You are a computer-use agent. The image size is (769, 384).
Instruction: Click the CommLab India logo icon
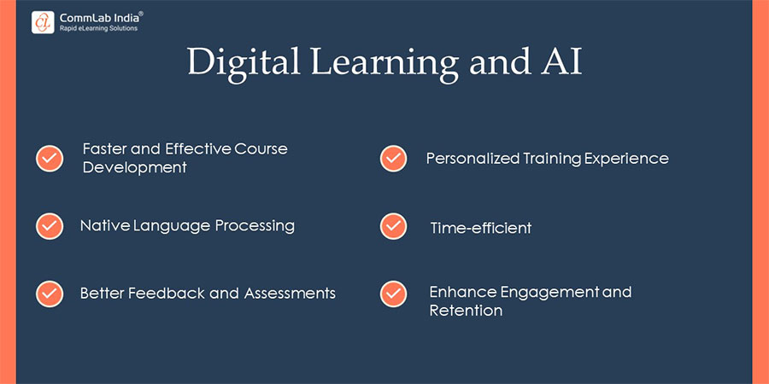43,21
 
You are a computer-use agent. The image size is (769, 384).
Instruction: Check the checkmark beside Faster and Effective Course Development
50,158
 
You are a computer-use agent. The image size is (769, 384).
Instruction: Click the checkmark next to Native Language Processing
50,226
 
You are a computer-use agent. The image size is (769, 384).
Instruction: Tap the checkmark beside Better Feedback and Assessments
50,294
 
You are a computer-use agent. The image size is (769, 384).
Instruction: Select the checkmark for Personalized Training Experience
393,158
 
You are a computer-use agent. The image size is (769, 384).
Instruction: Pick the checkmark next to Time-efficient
393,226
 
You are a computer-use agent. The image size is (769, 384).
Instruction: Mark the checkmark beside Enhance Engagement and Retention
393,294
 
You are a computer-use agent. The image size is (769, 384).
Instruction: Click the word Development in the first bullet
134,167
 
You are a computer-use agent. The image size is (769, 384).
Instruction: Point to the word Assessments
290,294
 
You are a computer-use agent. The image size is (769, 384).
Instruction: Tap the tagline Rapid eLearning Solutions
97,28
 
